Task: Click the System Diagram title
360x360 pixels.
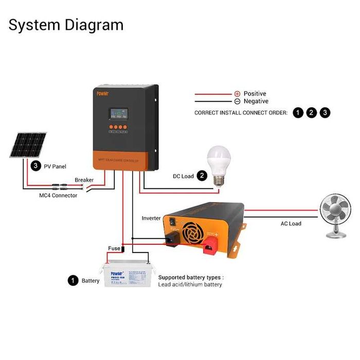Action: click(66, 25)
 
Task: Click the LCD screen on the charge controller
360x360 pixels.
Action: click(118, 115)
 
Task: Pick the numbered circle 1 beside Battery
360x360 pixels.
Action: click(73, 281)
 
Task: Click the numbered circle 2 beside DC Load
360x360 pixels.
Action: click(202, 176)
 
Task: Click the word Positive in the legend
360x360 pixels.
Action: click(255, 94)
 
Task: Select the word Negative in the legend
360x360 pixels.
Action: click(256, 101)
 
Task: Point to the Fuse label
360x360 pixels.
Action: click(114, 248)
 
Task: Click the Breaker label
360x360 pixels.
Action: click(84, 179)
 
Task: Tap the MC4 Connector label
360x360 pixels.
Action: click(58, 195)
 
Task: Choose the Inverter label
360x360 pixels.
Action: click(151, 218)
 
